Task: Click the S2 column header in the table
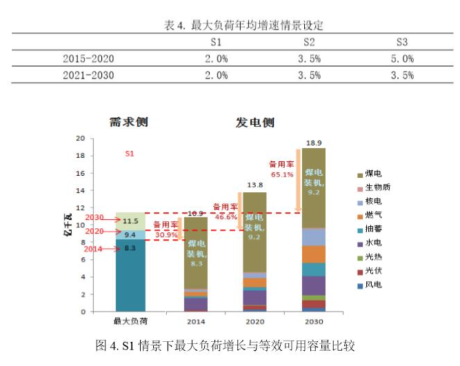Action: tap(309, 42)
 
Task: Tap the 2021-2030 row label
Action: tap(88, 75)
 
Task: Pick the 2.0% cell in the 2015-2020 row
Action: tap(216, 59)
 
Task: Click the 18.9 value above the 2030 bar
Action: tap(314, 142)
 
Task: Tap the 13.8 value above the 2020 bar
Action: tap(255, 185)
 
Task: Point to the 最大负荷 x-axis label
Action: tap(130, 321)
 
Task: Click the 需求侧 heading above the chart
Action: tap(129, 123)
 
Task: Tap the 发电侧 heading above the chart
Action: tap(255, 123)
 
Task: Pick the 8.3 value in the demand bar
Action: tap(130, 248)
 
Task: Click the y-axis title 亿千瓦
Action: tap(69, 225)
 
